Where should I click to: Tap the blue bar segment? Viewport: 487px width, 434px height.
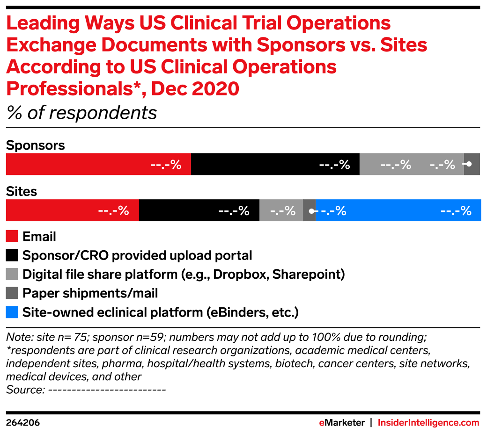click(x=398, y=210)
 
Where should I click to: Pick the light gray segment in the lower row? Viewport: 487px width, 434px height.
click(x=281, y=210)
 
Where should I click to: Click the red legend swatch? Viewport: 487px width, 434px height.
click(x=12, y=236)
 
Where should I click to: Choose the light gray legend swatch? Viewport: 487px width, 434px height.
click(x=12, y=274)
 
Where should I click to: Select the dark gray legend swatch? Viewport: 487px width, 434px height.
click(x=12, y=293)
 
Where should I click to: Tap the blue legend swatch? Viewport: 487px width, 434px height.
click(x=12, y=312)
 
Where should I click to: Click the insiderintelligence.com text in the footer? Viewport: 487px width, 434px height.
click(x=428, y=423)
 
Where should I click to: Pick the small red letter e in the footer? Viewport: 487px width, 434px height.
click(x=322, y=423)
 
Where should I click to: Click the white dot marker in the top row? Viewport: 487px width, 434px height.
click(x=469, y=164)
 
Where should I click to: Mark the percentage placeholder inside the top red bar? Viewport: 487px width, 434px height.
click(x=166, y=165)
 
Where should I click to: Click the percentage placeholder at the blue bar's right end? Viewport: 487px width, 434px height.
click(x=456, y=211)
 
